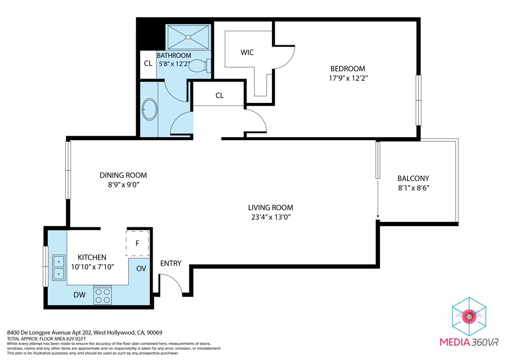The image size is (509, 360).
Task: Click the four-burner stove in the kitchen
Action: click(103, 295)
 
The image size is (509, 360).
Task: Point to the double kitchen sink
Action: click(59, 267)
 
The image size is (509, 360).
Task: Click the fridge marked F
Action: click(137, 243)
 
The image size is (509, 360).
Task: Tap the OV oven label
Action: click(141, 269)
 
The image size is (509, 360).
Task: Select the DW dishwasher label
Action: click(80, 295)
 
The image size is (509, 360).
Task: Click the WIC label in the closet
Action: click(247, 52)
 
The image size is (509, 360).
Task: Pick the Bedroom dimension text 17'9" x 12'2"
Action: click(348, 78)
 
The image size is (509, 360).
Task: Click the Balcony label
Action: click(413, 179)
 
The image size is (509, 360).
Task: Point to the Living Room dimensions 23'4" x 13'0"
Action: click(270, 217)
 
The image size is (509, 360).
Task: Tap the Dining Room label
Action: click(123, 175)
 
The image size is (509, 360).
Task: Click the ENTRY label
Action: click(170, 263)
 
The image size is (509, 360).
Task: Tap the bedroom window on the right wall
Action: click(418, 100)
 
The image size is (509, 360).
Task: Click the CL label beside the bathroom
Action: click(148, 64)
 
